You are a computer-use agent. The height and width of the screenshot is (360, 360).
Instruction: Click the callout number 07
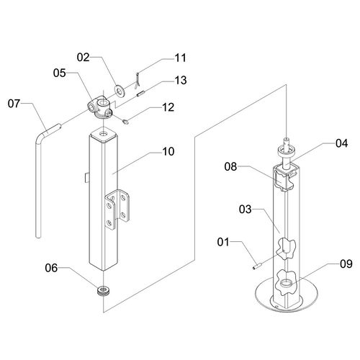click(14, 104)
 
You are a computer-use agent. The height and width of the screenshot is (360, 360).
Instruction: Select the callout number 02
click(83, 58)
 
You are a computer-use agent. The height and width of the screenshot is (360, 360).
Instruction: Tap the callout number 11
click(180, 58)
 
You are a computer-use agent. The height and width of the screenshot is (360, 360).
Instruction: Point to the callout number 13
click(181, 81)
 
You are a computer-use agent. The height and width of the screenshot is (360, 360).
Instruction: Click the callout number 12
click(168, 107)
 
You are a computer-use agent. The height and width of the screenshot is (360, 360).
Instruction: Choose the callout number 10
click(168, 151)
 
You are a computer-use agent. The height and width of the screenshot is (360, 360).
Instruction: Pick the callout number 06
click(51, 268)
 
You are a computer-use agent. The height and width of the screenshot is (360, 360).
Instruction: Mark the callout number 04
click(341, 143)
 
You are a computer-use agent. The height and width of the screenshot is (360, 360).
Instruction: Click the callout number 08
click(230, 166)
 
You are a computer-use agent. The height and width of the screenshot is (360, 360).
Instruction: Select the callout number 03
click(246, 210)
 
